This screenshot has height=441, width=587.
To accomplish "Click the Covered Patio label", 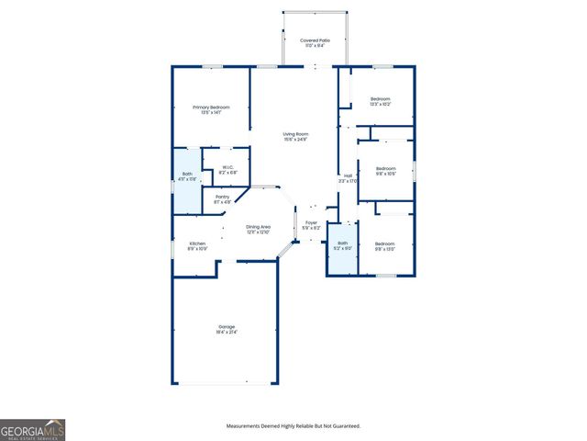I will [x=315, y=40].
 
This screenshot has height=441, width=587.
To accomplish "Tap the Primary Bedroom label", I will [x=211, y=107].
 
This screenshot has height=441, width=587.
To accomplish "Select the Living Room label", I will [x=295, y=134].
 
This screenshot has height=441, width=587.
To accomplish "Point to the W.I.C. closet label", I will [x=228, y=167].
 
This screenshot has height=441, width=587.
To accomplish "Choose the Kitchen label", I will [x=197, y=243].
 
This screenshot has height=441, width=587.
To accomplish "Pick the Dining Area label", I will [x=258, y=227].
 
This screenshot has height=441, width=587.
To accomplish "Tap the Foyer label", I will [x=311, y=221].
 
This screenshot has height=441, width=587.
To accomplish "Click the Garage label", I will [x=227, y=327].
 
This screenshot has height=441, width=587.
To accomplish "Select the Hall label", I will [x=348, y=175].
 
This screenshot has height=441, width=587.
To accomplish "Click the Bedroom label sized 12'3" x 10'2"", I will [x=381, y=98].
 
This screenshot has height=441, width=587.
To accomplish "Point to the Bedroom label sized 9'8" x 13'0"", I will [x=385, y=243].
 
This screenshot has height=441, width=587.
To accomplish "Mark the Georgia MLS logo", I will [x=33, y=430].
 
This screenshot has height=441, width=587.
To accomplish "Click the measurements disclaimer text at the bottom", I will [x=293, y=426].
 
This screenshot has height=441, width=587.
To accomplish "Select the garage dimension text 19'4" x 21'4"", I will [x=227, y=332].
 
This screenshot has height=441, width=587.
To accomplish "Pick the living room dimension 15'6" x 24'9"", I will [x=295, y=140].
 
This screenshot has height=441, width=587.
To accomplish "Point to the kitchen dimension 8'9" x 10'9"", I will [x=197, y=249].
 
